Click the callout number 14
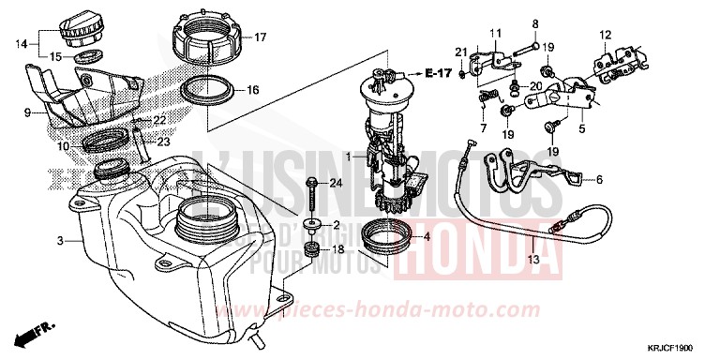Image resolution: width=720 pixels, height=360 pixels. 21,44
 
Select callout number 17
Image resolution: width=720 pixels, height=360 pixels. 261,37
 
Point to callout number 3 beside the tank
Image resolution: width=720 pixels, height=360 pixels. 60,241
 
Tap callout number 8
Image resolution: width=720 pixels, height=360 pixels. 535,22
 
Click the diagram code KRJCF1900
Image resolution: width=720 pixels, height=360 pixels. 680,347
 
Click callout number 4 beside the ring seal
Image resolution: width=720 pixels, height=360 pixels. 427,237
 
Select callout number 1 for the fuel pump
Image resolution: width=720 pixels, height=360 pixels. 348,156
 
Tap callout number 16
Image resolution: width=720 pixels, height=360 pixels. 253,90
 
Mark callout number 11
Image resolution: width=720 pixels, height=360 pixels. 495,35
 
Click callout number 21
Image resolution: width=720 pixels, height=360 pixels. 461,51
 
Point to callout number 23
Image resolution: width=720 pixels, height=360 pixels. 162,142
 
